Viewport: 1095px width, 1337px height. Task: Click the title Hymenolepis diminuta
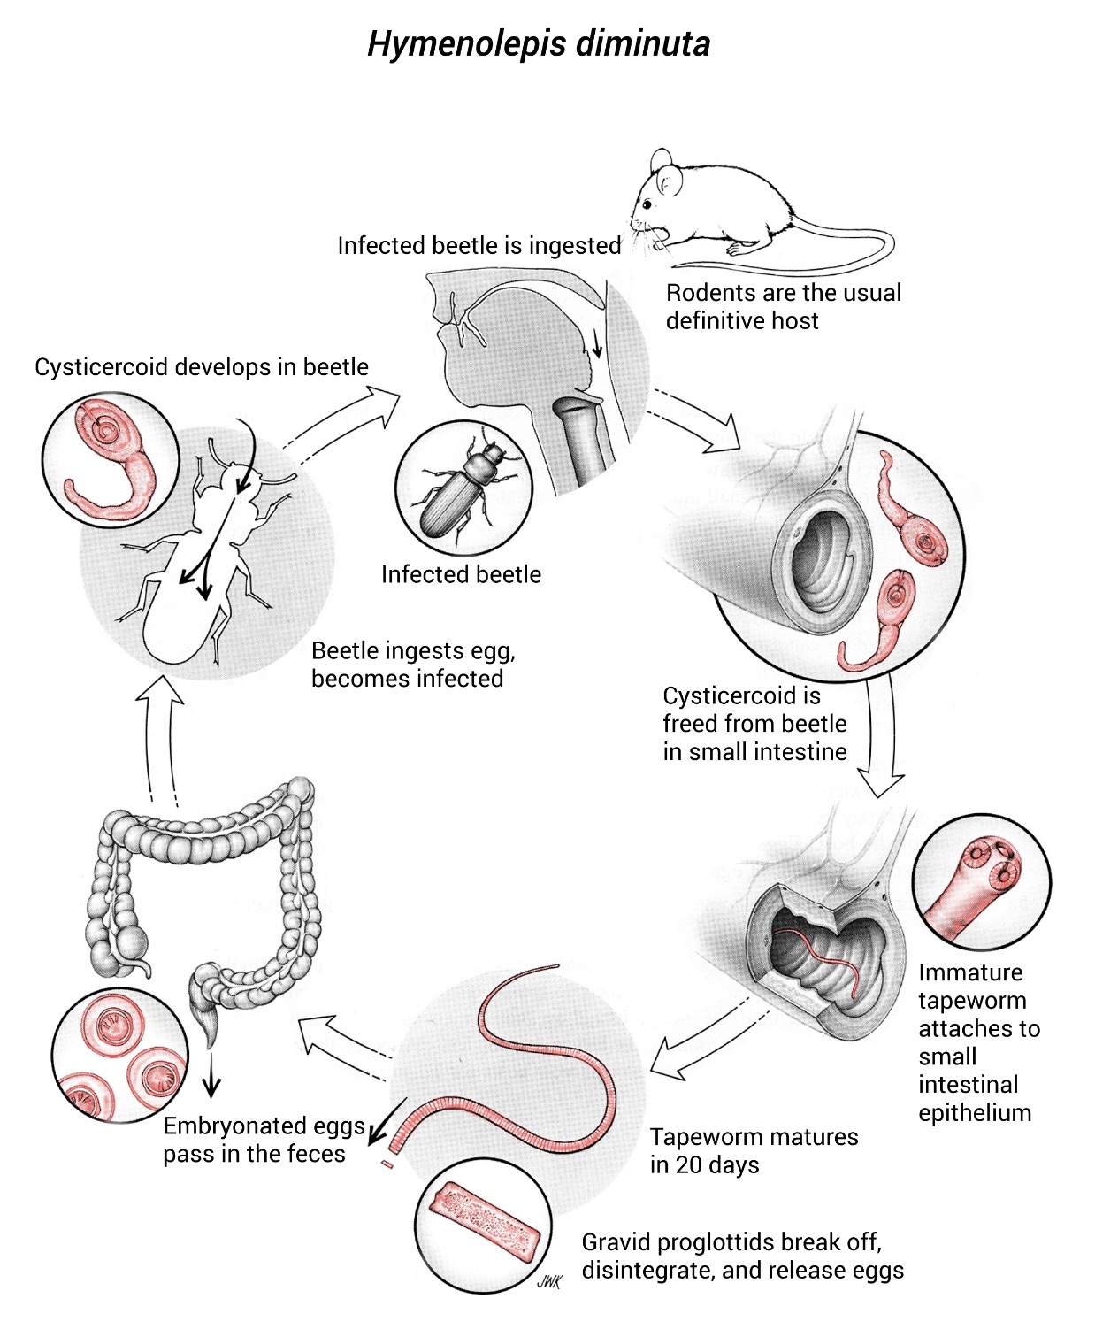pos(538,43)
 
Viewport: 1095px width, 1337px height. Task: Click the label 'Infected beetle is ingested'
pos(479,245)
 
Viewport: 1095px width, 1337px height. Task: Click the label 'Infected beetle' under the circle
pos(461,574)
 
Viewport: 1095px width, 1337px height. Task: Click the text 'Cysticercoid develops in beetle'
pos(202,366)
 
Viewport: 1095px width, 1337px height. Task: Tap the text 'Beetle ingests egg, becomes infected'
pos(412,665)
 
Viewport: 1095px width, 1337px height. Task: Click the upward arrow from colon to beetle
pos(161,734)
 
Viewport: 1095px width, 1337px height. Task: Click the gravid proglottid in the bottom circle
pos(484,1222)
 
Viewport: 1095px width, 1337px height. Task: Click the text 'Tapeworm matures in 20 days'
pos(754,1150)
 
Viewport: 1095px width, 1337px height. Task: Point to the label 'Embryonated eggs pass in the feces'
pos(263,1140)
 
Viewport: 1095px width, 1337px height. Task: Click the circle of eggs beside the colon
pos(119,1056)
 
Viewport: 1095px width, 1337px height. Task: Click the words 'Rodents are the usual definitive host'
pos(783,306)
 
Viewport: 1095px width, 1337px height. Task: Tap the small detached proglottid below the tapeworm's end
pos(386,1164)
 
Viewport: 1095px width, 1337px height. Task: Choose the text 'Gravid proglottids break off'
pos(731,1241)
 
